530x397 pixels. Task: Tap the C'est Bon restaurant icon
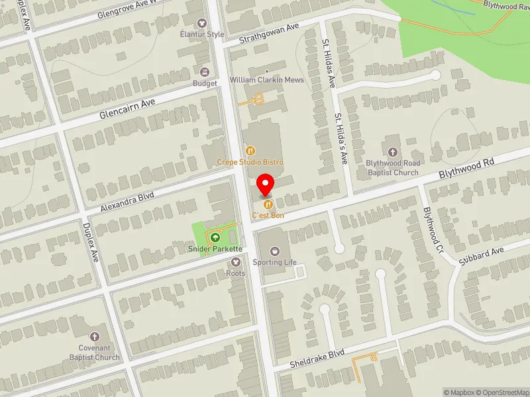tap(268, 204)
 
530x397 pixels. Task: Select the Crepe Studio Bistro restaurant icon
tap(250, 152)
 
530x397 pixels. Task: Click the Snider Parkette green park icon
tap(215, 238)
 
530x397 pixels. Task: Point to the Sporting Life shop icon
tap(276, 251)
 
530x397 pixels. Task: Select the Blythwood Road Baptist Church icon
tap(392, 152)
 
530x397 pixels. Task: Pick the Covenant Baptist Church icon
tap(94, 337)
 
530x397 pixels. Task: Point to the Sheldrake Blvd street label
tap(317, 359)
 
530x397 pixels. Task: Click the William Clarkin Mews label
tap(266, 80)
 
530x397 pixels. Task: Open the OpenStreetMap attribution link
tap(501, 392)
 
